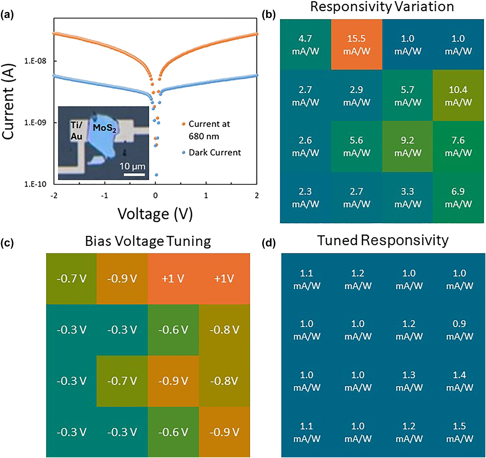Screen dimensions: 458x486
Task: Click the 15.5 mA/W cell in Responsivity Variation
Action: (356, 45)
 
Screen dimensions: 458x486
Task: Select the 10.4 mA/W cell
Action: (458, 96)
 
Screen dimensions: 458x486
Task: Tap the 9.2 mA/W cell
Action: (407, 147)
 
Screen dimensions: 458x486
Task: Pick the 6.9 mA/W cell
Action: (458, 197)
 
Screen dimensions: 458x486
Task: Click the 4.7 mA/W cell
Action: (305, 45)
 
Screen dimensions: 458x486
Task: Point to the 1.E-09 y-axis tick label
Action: (35, 123)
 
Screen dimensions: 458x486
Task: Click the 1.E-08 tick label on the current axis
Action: (35, 61)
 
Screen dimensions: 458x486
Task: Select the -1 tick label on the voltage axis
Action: (104, 195)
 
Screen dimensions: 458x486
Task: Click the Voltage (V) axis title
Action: (155, 214)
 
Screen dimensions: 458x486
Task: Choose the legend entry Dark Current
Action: (214, 152)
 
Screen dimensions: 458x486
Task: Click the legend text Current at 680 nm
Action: (209, 130)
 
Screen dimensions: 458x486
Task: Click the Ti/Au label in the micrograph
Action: (76, 131)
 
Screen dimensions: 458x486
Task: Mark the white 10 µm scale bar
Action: (134, 175)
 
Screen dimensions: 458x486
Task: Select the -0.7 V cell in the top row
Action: (71, 278)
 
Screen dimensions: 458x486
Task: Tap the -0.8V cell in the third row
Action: (224, 381)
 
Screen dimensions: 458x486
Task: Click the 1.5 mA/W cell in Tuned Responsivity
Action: (459, 432)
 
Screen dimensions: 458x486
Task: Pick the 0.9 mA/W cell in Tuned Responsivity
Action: (459, 330)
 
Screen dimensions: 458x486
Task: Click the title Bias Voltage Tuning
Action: (148, 241)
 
